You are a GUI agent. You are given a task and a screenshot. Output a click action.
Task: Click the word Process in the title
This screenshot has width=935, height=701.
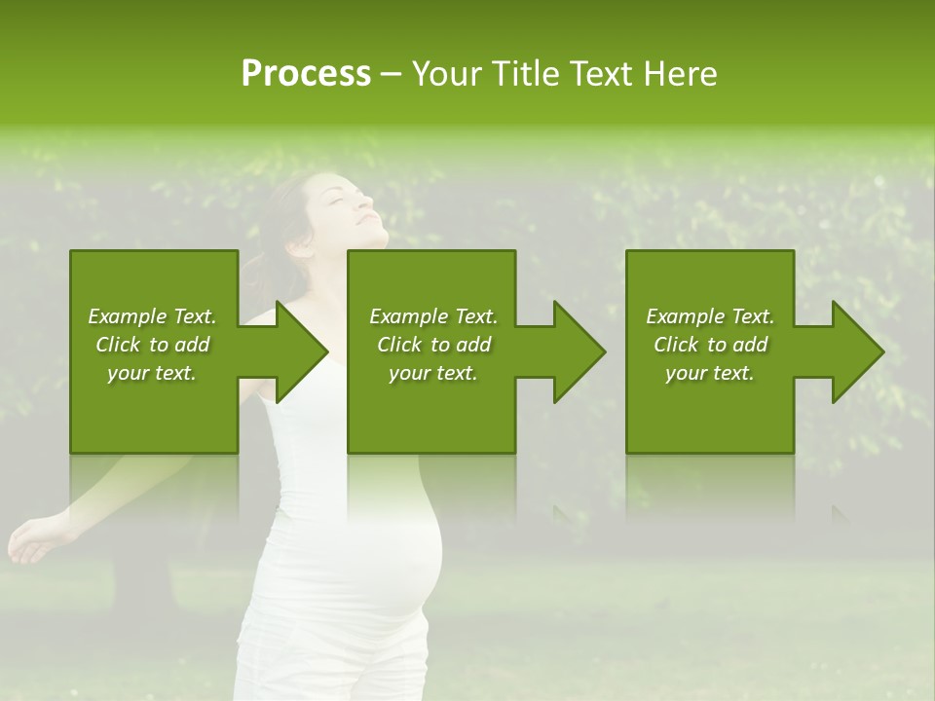(x=305, y=74)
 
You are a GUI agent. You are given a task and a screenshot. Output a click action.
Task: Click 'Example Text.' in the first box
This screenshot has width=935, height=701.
(x=152, y=316)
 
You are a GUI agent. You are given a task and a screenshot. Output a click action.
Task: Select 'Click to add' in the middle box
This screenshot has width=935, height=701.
(x=433, y=345)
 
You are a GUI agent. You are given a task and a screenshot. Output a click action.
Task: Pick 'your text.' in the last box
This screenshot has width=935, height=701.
(x=709, y=373)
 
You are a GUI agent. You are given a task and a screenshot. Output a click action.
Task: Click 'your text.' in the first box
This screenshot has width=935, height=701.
(x=152, y=373)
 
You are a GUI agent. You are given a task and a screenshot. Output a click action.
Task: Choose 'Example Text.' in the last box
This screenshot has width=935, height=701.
(x=709, y=316)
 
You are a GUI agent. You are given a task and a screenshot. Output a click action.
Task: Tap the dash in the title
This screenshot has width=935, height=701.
(x=391, y=75)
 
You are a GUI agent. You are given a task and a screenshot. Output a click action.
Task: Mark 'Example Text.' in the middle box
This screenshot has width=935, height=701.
(x=433, y=316)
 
